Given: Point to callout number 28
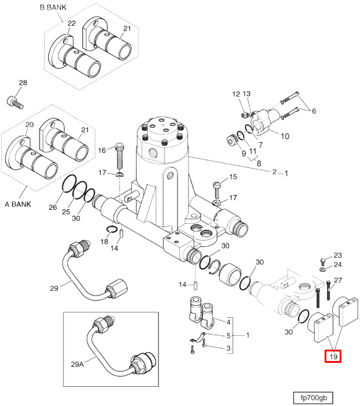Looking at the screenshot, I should click(x=23, y=83).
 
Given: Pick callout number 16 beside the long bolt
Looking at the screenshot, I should click(x=102, y=149).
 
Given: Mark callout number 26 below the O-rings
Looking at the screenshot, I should click(x=52, y=208).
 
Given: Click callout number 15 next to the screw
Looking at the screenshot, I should click(x=233, y=176).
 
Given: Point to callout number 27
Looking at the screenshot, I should click(x=338, y=281).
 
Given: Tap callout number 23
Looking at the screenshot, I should click(x=338, y=255).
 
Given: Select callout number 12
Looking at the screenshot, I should click(x=236, y=94).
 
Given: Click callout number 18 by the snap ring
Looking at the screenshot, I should click(x=104, y=241).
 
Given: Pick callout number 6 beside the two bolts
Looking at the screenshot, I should click(x=313, y=111).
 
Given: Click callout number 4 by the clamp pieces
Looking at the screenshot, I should click(x=228, y=320).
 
